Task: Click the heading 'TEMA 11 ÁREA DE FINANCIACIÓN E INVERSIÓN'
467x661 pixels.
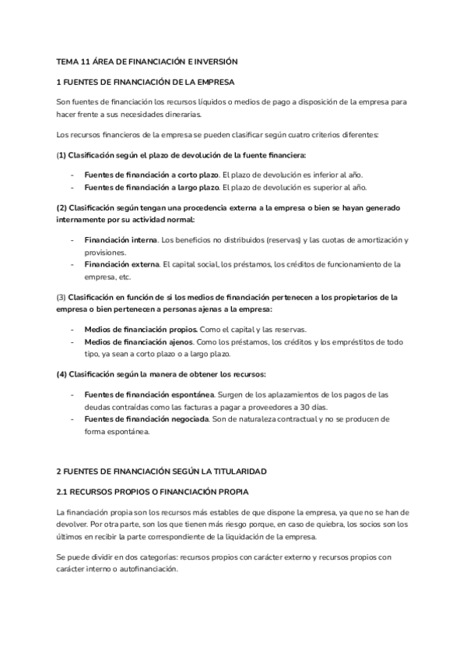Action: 147,61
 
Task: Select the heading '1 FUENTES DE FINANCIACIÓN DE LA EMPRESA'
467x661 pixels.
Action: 146,82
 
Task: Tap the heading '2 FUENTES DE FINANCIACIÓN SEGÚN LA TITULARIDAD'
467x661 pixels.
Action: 162,472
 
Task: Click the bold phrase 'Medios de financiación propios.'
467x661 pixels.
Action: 140,329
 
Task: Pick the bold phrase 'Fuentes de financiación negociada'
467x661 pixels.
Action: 146,419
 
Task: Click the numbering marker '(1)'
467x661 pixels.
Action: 61,154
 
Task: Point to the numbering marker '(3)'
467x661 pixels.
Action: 61,297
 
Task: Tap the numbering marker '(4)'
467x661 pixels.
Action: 61,374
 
